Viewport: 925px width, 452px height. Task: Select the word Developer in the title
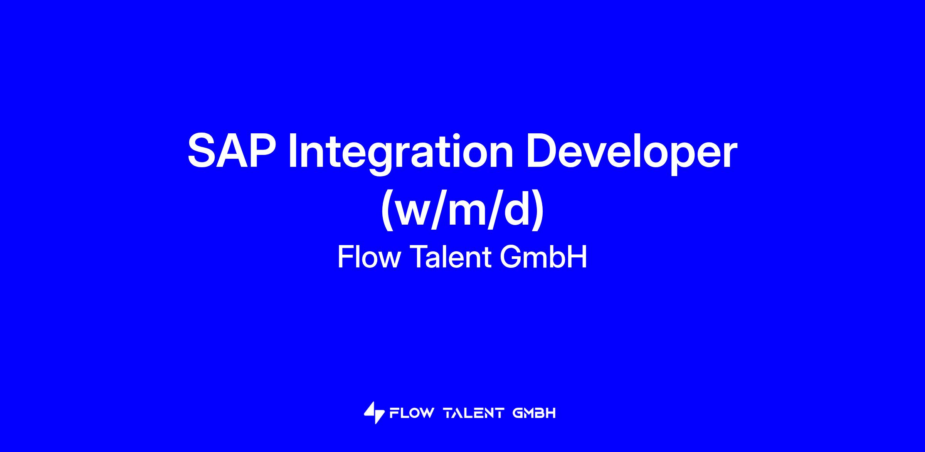click(632, 154)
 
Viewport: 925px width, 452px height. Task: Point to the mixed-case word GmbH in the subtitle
click(543, 257)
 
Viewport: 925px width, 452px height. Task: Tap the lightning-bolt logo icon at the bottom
click(374, 413)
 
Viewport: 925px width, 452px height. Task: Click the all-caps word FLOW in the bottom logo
click(412, 413)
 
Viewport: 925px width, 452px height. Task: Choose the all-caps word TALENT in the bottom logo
click(474, 413)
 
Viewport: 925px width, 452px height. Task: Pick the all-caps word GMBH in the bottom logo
click(534, 413)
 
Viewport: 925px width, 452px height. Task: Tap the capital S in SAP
click(201, 151)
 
